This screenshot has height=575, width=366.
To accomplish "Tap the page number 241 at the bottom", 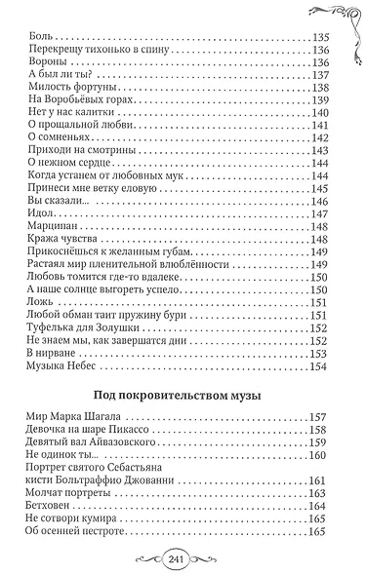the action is point(183,556).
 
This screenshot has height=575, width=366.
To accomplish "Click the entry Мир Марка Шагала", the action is point(70,428).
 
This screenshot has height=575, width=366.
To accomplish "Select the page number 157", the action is point(319,428).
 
